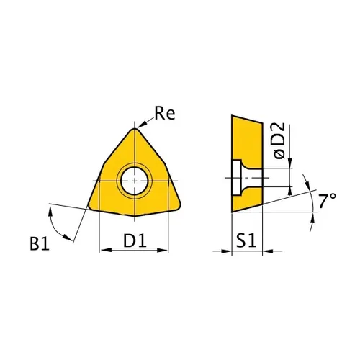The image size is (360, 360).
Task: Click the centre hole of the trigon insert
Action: pos(135,180)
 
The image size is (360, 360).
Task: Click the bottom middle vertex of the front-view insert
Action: pos(135,217)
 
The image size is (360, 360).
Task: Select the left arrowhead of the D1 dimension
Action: pos(102,251)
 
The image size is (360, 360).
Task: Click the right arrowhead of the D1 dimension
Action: pos(168,251)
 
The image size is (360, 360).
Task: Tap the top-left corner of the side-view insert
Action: pos(231,115)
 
